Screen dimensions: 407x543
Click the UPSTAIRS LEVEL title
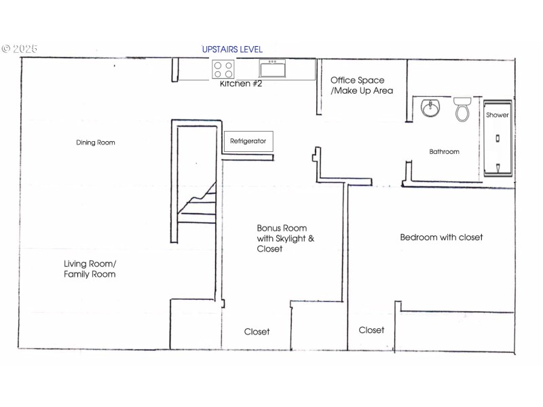coord(232,50)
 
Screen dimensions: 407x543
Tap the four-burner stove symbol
coord(223,69)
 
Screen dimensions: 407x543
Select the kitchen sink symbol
coord(272,69)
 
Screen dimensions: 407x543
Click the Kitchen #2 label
coord(241,84)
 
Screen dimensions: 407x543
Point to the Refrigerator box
coord(248,142)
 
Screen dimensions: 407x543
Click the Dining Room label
coord(95,142)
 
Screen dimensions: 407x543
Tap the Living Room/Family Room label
coord(90,269)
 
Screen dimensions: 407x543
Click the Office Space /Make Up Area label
coord(361,85)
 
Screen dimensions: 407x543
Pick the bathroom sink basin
coord(430,108)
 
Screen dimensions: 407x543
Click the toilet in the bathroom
coord(462,109)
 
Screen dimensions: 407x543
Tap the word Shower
coord(497,115)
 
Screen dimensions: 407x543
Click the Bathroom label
coord(444,152)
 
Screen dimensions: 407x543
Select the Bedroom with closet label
coord(441,237)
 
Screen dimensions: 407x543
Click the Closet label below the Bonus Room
coord(257,332)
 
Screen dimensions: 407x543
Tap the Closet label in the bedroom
coord(371,330)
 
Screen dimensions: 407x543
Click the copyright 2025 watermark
coord(19,50)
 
